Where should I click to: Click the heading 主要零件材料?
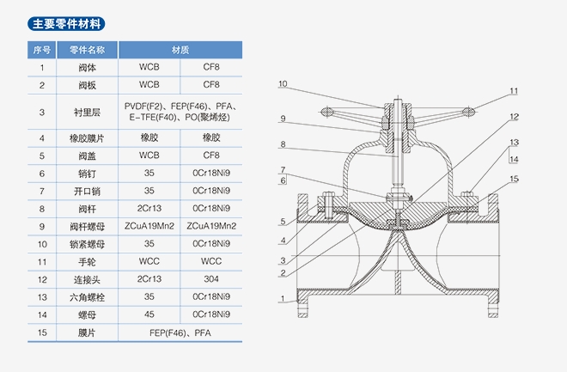(x=64, y=24)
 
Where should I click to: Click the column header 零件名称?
(x=88, y=50)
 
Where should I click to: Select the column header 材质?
(x=180, y=50)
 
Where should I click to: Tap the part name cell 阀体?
(x=88, y=67)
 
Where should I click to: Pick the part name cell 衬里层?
(x=88, y=111)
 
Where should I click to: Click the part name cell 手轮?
(x=88, y=261)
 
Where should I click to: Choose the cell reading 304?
(x=211, y=279)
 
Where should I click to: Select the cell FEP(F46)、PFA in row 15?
(x=180, y=332)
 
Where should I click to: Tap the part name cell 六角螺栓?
(x=88, y=296)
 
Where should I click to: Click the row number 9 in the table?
(x=41, y=226)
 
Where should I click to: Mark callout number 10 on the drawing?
(x=283, y=84)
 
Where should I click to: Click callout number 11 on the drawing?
(x=513, y=91)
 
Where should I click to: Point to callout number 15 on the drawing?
(x=513, y=179)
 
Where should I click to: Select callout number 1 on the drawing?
(x=283, y=299)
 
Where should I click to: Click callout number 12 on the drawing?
(x=513, y=117)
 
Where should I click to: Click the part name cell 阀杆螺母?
(x=88, y=226)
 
